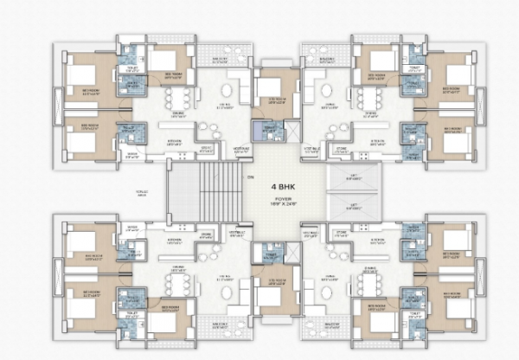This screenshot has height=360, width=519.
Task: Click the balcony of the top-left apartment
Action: click(223, 61)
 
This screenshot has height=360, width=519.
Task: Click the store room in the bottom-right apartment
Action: click(342, 233)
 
